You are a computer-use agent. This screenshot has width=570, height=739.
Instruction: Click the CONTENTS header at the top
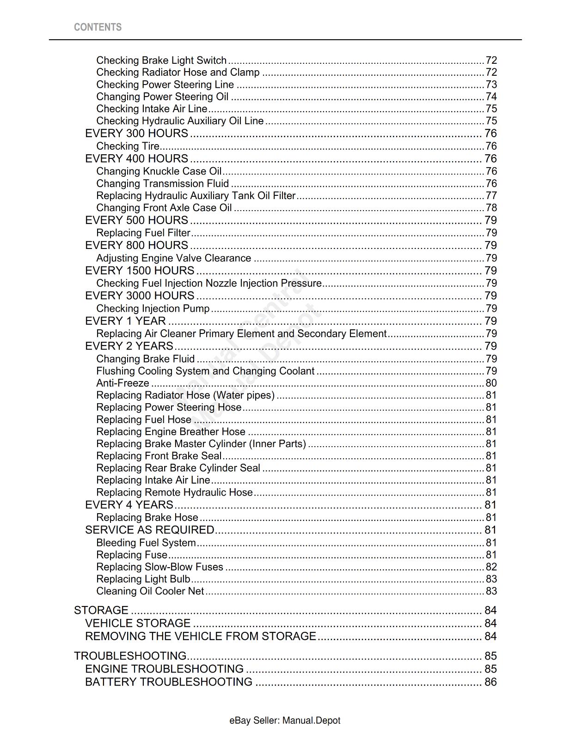pos(98,27)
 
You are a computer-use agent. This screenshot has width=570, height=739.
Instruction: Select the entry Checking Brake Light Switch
pos(161,61)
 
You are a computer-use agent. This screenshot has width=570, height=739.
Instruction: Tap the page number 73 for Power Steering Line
pos(491,85)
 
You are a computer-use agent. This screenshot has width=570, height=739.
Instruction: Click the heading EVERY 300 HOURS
pos(136,133)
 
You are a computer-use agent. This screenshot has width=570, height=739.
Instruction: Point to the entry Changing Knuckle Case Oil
pos(159,171)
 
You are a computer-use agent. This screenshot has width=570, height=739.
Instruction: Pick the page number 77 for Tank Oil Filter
pos(491,196)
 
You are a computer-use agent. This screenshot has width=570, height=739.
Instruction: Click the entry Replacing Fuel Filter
pos(143,233)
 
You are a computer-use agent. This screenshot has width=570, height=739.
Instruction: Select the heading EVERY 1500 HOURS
pos(140,271)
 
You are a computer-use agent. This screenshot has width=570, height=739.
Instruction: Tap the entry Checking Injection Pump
pos(153,309)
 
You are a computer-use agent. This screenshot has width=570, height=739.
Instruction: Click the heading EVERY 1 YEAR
pos(125,321)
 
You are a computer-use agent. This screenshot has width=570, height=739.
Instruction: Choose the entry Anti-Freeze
pos(123,383)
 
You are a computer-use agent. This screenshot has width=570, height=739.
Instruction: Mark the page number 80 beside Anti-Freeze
pos(491,383)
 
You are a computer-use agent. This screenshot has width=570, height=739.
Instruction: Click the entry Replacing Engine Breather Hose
pos(171,432)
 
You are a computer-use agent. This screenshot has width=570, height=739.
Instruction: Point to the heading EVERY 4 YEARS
pos(129,505)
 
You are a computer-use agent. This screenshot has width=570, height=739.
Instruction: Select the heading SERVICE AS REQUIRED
pos(149,530)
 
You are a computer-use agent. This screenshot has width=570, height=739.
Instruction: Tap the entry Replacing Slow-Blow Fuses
pos(159,567)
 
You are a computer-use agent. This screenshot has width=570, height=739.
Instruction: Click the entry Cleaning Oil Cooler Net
pos(150,591)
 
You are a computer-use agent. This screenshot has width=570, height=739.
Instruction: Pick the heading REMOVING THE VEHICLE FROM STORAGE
pos(200,636)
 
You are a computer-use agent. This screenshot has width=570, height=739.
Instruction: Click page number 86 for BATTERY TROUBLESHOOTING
pos(490,682)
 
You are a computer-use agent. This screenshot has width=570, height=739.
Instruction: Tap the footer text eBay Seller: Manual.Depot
pos(285,721)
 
